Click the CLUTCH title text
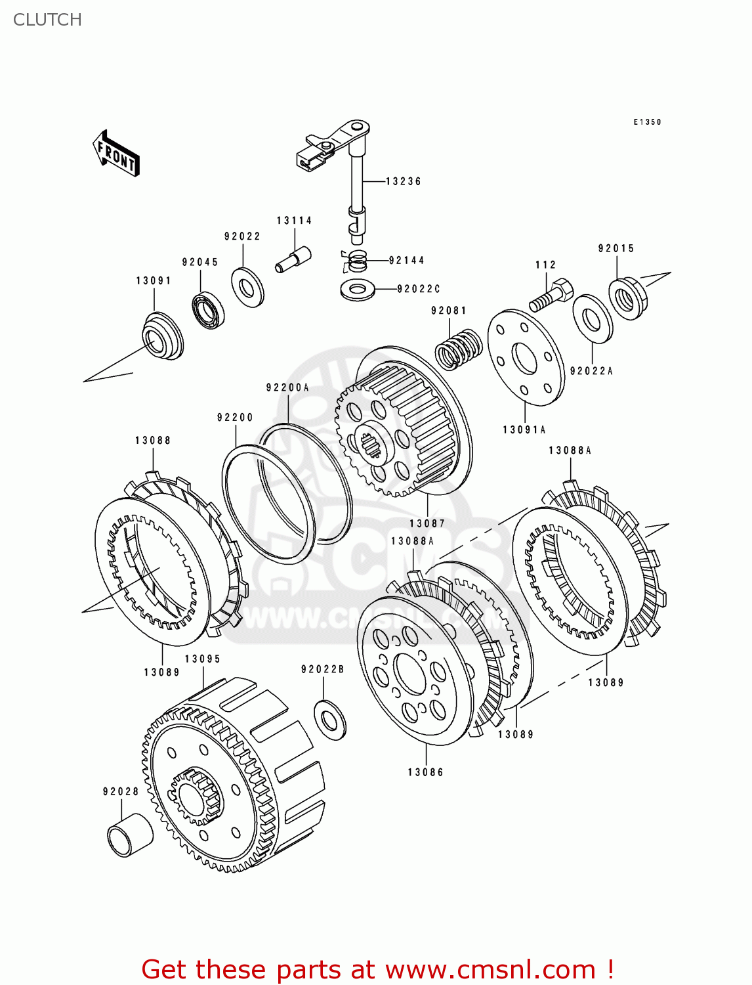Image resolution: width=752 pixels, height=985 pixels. pos(47,20)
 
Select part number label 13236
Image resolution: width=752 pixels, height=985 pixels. pos(403,181)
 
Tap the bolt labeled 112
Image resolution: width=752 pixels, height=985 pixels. pos(550,297)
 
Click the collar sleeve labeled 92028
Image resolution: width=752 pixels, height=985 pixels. pos(129,835)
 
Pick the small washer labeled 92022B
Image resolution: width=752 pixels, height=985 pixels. pos(330,720)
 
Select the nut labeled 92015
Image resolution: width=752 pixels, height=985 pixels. pos(627,299)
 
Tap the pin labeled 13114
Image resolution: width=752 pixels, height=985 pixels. pos(293,258)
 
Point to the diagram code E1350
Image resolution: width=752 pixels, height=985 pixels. pos(647,122)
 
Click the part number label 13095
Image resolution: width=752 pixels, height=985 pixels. pos(202,659)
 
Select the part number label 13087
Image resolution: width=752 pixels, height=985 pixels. pos(427,523)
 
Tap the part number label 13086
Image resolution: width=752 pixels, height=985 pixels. pos(426,772)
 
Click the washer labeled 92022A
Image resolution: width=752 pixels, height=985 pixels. pos(593,319)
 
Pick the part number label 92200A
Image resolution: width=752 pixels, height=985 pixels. pos(287,387)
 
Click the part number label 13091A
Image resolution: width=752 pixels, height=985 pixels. pos(524,429)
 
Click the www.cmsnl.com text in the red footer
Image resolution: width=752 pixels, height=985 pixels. pos(490,970)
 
